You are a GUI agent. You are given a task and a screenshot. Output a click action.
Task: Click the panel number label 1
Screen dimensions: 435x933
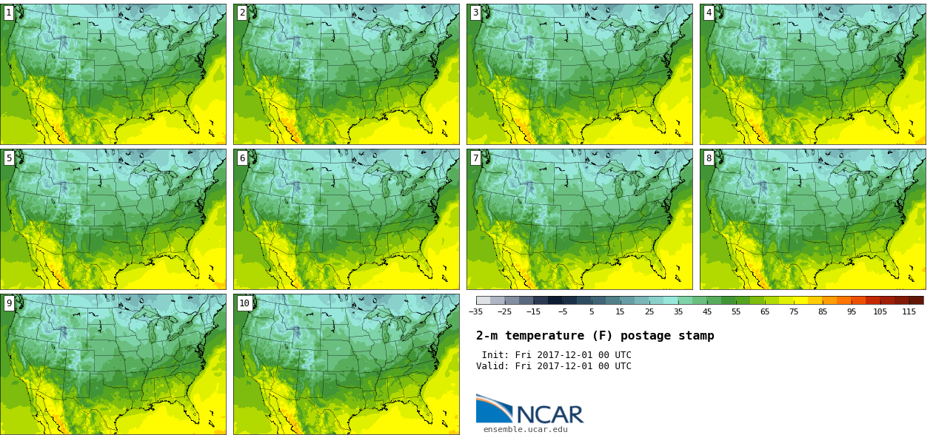[9, 13]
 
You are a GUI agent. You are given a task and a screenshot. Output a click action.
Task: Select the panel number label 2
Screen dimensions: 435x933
[242, 13]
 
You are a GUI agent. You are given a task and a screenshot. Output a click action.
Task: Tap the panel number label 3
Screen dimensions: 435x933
[475, 13]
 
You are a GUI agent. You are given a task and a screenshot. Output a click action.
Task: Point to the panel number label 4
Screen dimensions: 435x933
[709, 13]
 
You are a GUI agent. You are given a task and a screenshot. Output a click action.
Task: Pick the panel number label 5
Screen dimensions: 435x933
[9, 158]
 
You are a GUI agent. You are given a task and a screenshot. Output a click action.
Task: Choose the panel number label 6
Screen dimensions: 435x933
[242, 158]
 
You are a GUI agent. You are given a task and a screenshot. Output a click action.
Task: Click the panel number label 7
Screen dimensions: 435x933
[475, 158]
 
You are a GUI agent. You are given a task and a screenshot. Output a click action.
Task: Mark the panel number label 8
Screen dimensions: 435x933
[709, 158]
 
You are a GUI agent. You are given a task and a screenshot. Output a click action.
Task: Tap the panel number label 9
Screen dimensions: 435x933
[9, 303]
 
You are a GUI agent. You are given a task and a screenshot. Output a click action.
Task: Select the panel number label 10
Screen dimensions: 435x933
[244, 303]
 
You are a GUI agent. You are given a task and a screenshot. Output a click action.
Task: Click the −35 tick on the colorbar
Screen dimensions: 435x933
[475, 311]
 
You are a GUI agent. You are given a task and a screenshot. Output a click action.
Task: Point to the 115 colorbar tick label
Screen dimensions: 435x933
[909, 311]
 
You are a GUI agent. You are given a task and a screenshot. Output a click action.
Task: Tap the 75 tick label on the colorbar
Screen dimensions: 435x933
[793, 311]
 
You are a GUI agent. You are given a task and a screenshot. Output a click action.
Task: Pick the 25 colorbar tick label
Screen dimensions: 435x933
[649, 311]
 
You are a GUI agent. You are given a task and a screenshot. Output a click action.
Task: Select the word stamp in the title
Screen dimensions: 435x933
[697, 336]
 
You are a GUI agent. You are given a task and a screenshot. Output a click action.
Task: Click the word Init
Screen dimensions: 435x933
[496, 355]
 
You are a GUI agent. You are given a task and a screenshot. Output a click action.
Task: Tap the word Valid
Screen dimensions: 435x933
[493, 366]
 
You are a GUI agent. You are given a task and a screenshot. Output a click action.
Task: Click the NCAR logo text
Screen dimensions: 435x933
[549, 414]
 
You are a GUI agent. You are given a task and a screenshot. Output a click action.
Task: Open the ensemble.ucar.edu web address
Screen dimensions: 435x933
[525, 429]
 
